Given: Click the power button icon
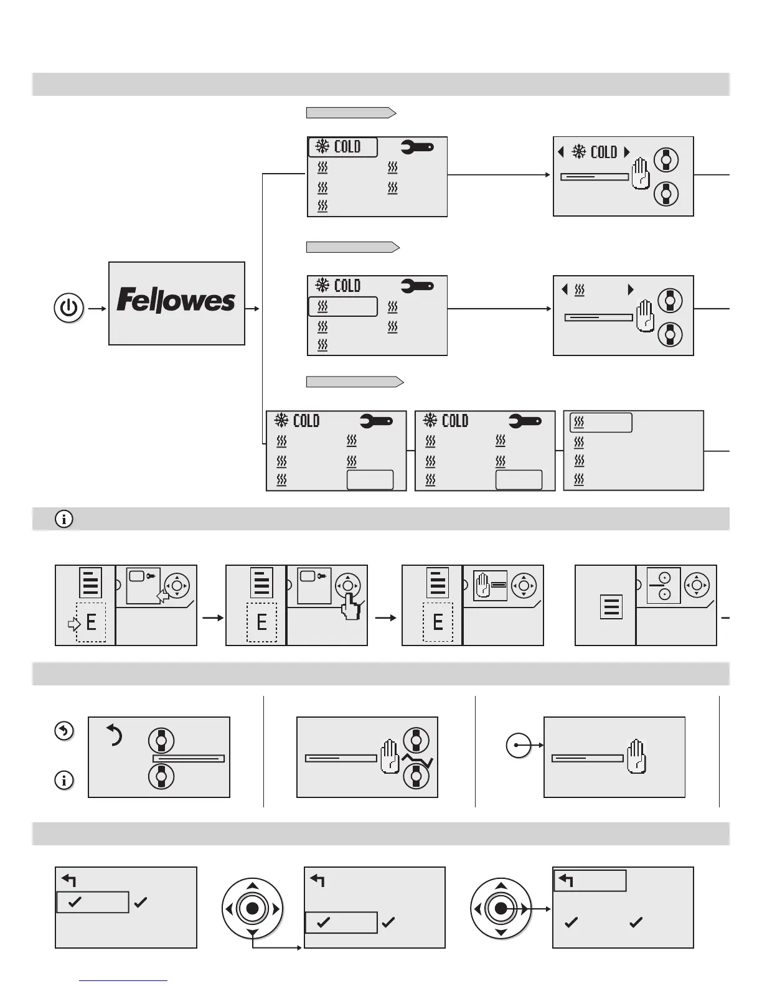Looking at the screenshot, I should click(69, 309).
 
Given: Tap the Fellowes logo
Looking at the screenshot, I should click(176, 301).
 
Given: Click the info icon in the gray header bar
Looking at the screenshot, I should click(64, 519).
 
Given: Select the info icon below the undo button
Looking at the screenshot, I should click(64, 780).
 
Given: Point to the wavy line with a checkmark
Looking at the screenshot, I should click(417, 760).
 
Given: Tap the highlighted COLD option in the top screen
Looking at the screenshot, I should click(343, 147).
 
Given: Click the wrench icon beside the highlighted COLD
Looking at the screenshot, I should click(417, 148).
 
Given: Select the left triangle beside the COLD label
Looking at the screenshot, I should click(561, 152).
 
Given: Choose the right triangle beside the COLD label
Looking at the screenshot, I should click(627, 152).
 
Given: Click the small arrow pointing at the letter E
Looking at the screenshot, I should click(73, 622).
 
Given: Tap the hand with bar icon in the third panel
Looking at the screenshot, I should click(490, 586).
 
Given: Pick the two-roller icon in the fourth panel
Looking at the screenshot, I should click(664, 586).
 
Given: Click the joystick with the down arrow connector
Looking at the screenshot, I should click(252, 909).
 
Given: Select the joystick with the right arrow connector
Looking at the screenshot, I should click(501, 909).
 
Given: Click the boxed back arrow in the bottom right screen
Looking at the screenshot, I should click(589, 881).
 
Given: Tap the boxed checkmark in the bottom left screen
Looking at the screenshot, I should click(92, 902).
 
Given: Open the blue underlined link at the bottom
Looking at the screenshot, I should click(123, 980).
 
